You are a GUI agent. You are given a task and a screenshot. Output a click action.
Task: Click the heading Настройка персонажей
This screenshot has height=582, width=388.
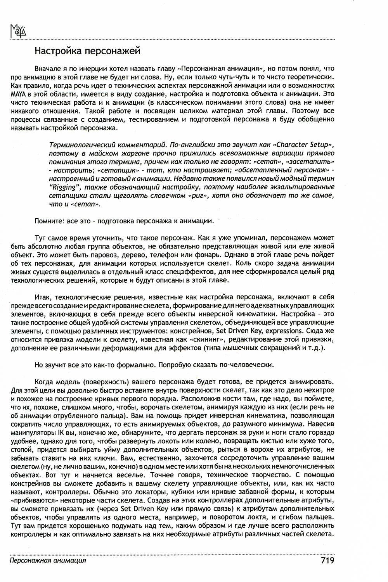pyautogui.click(x=87, y=51)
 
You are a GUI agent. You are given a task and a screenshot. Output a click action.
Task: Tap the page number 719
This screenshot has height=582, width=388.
pyautogui.click(x=327, y=560)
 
